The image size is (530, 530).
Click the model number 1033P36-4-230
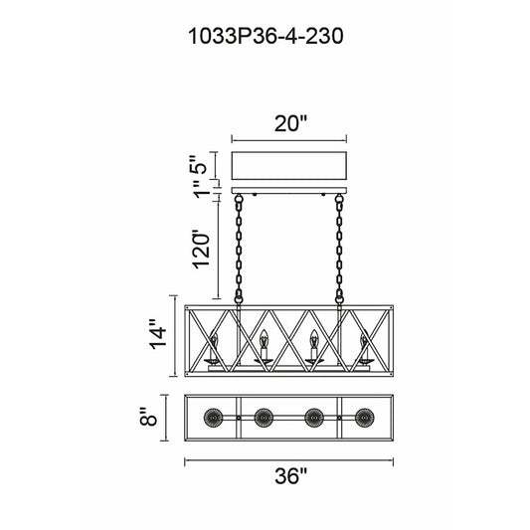265,36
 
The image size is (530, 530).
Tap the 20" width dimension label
290,123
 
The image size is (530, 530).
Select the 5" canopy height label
197,164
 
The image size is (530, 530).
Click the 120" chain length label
202,250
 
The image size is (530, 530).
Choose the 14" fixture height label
158,334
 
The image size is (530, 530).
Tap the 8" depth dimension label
148,418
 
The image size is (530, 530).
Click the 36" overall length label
290,476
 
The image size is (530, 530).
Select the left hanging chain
239,250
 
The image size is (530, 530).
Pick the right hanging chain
339,250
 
